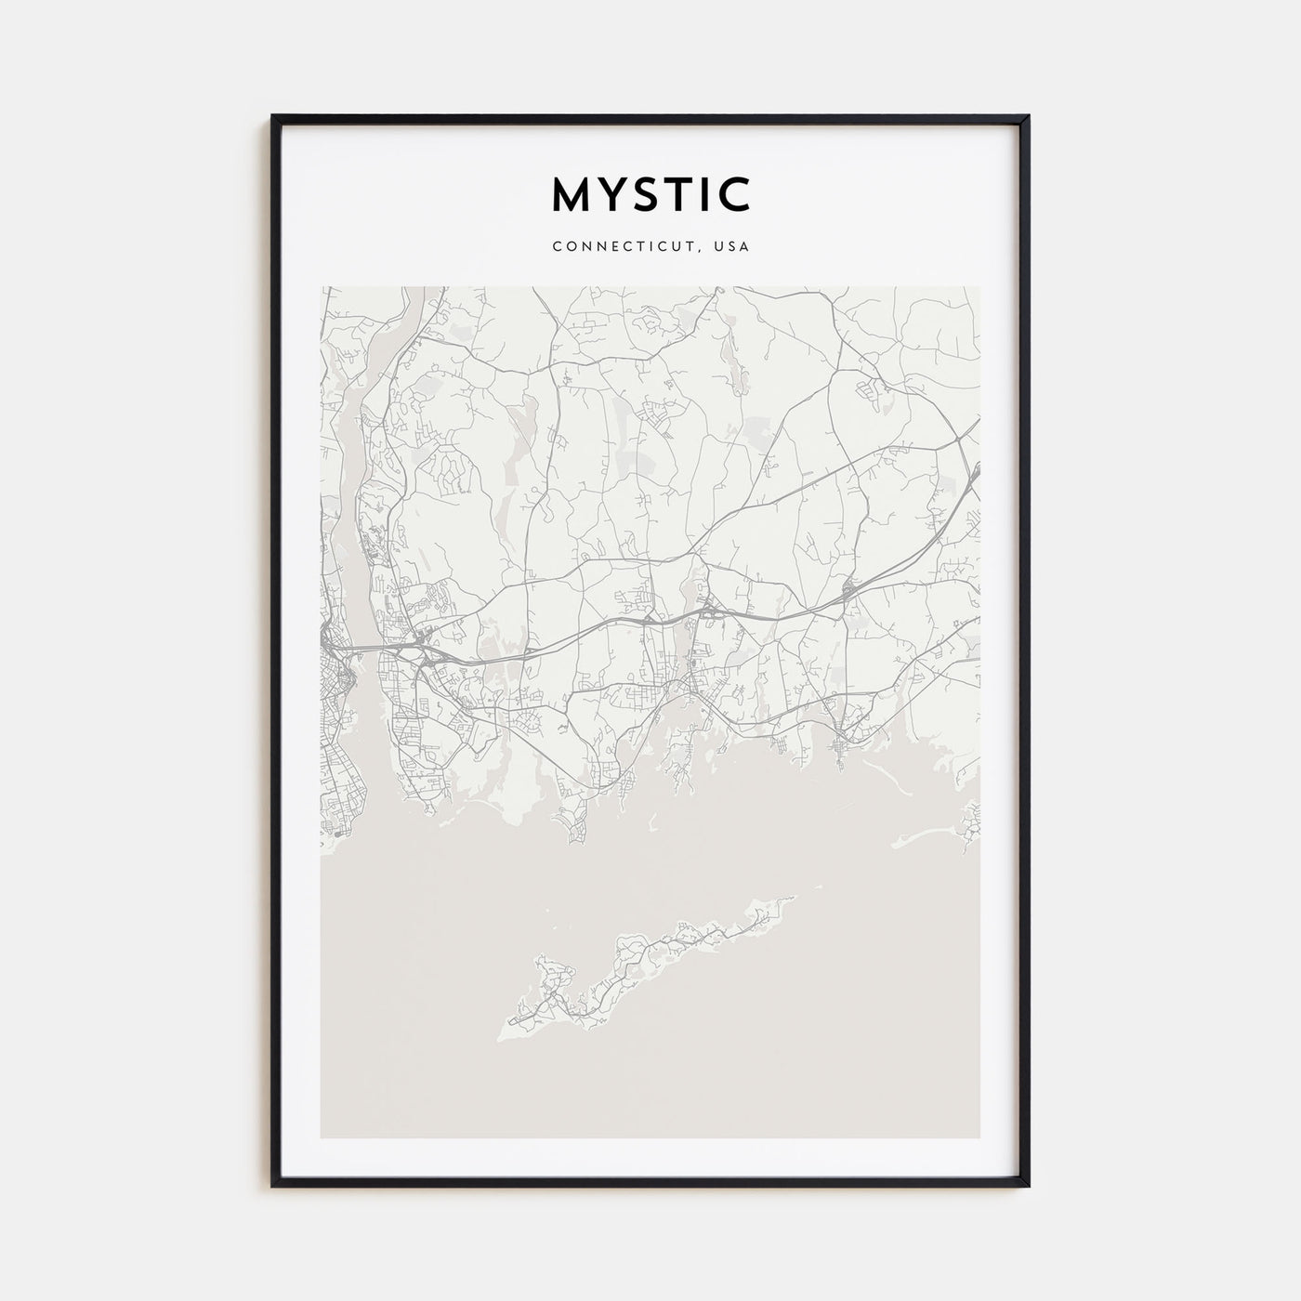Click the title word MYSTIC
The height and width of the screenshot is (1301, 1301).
point(650,194)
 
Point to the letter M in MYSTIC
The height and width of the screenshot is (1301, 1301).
point(570,194)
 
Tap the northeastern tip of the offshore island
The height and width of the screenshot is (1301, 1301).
point(795,898)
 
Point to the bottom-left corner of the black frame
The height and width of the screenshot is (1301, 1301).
point(273,1185)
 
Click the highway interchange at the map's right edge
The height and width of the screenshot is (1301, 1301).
point(973,474)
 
